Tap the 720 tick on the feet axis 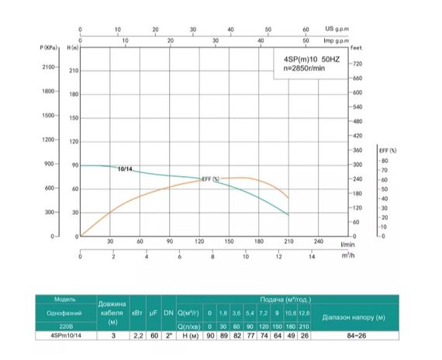tap(357, 63)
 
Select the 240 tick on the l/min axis tap(318, 241)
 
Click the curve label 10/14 tap(126, 169)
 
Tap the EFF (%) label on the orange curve tap(210, 179)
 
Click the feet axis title tap(357, 48)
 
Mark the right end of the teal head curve tap(288, 215)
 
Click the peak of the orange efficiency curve tap(243, 178)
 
